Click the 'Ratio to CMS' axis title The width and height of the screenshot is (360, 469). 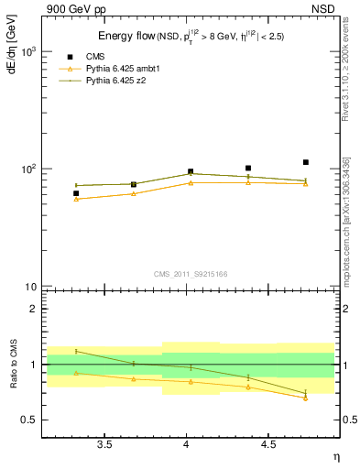[x=12, y=364]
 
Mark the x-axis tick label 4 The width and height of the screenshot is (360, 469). [x=187, y=445]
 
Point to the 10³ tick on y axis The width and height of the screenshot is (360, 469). [x=27, y=52]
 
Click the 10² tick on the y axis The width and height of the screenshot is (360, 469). [x=27, y=169]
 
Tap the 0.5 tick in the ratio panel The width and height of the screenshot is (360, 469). [x=28, y=420]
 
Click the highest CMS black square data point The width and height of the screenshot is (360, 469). [x=306, y=162]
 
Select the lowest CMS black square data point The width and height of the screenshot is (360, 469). [x=76, y=193]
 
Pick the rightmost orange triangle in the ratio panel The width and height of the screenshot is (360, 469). [x=306, y=398]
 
